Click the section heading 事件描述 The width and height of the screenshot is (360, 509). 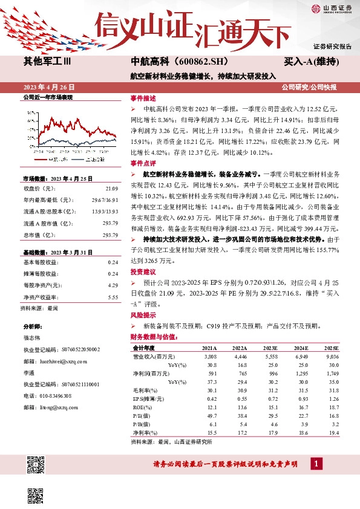(x=143, y=98)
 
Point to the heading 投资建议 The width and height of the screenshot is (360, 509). (x=143, y=271)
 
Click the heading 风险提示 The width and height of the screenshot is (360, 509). (x=143, y=315)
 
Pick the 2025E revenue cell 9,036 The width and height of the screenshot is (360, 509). (x=332, y=357)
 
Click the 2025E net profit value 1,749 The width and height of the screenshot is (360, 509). (x=332, y=374)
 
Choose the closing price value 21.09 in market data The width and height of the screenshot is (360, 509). (x=111, y=189)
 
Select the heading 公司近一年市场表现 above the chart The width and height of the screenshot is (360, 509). (x=47, y=97)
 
